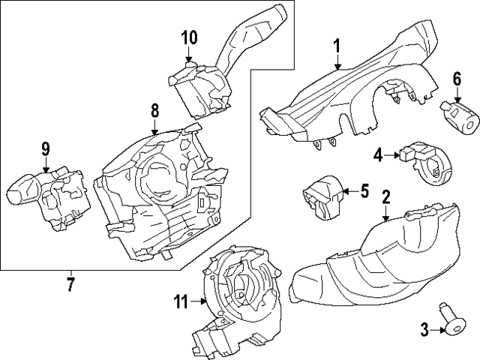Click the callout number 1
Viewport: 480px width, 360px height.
tap(337, 46)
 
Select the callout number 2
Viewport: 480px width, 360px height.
tap(385, 198)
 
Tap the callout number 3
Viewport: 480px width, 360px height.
tap(424, 328)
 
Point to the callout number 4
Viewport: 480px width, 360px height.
tap(378, 155)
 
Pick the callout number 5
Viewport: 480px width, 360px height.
tap(364, 191)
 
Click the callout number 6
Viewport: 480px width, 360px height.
tap(455, 79)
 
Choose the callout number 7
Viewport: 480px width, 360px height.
tap(70, 284)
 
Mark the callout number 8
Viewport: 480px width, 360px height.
tap(154, 111)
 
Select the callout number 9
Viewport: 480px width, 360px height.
tap(45, 149)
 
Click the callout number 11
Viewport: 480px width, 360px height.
tap(180, 302)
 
